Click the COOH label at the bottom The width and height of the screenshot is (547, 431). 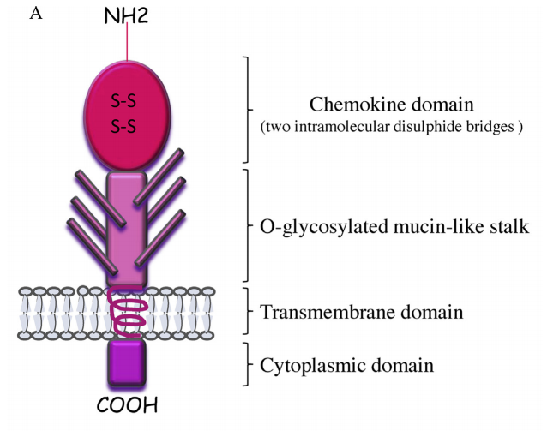pyautogui.click(x=128, y=404)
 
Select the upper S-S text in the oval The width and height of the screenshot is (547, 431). pyautogui.click(x=127, y=102)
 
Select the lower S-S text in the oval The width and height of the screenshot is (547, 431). pyautogui.click(x=127, y=127)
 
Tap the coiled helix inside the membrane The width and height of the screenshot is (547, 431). pyautogui.click(x=128, y=313)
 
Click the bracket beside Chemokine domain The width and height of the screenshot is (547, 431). pyautogui.click(x=249, y=109)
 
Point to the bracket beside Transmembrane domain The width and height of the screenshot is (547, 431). pyautogui.click(x=249, y=311)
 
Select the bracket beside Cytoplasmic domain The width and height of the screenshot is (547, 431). pyautogui.click(x=249, y=365)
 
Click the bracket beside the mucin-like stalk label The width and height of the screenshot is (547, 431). pyautogui.click(x=249, y=225)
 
